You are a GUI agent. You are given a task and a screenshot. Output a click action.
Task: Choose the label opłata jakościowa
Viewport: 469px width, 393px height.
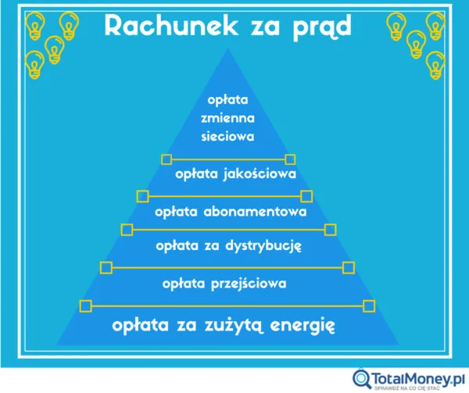coord(235,173)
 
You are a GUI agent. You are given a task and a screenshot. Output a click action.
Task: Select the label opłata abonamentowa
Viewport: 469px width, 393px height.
coord(229,211)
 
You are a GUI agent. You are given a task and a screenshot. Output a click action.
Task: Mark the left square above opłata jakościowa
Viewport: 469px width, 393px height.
coord(166,159)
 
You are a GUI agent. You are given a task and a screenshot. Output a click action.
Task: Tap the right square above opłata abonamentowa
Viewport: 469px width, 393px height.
coord(306,195)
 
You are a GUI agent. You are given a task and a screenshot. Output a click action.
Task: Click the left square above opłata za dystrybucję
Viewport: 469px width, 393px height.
coord(127,229)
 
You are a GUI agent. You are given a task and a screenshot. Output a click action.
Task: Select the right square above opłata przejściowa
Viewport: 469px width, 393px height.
coord(348,266)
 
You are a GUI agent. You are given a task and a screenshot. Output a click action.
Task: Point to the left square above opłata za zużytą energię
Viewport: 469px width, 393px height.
coord(86,305)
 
